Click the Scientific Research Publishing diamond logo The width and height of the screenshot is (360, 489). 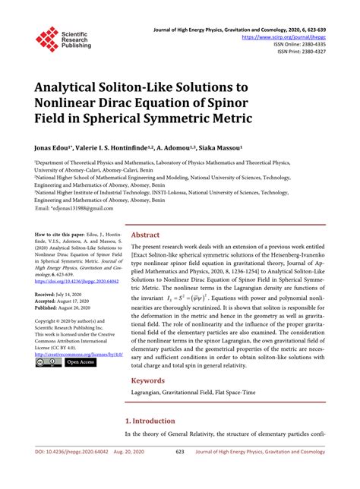point(47,39)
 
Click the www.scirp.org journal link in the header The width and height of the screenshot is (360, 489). point(283,36)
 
